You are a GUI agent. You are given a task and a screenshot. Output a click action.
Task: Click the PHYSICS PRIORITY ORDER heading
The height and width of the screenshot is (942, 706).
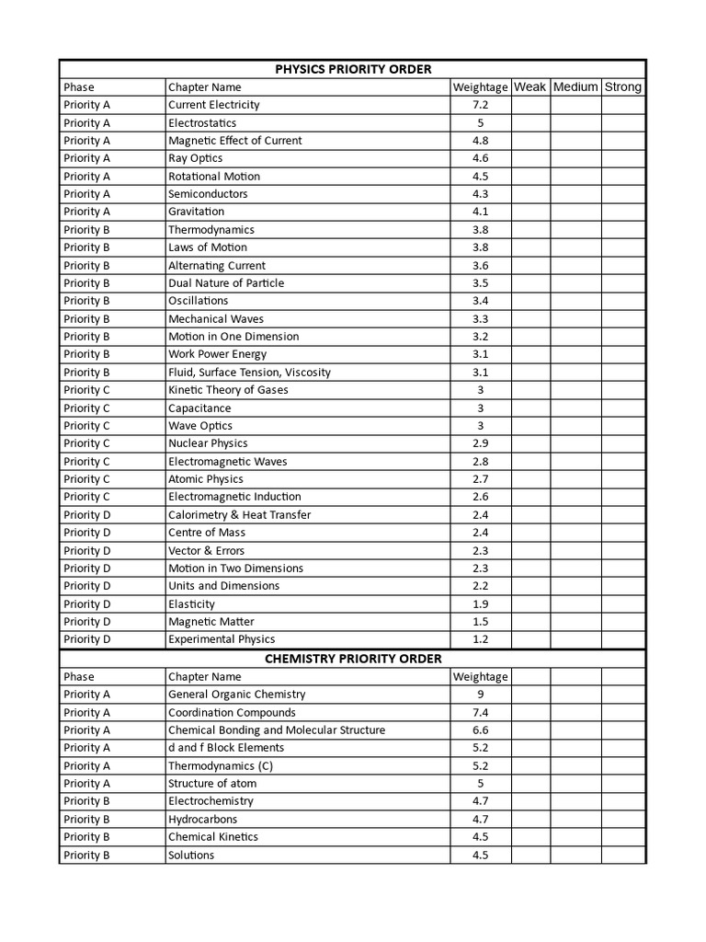coord(353,69)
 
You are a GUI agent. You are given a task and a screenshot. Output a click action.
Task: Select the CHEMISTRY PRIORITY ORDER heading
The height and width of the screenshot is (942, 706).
coord(353,659)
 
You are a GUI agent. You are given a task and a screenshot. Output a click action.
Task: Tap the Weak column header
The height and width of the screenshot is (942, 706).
coord(529,87)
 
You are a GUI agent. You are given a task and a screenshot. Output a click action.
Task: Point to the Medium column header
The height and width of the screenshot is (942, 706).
coord(575,87)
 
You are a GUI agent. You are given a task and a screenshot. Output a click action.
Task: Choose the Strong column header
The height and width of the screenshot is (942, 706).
coord(623,87)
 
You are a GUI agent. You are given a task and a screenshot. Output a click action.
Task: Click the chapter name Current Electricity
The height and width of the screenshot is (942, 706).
coord(213,105)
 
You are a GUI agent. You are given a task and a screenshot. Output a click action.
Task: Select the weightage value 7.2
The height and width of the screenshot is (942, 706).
coord(480,105)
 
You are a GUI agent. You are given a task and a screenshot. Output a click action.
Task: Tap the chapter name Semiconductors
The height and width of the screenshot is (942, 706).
coord(208,194)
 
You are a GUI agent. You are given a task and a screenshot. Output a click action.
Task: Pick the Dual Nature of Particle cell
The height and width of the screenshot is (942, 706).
coord(226,283)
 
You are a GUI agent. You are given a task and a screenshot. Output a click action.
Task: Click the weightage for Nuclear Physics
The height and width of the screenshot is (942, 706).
coord(480,443)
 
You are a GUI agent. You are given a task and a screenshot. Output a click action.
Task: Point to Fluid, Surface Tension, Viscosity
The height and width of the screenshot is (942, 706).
coord(249,373)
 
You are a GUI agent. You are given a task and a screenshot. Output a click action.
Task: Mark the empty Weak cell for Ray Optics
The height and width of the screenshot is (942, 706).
coord(529,158)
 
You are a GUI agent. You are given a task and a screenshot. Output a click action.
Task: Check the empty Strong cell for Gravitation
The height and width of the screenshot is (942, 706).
coord(623,212)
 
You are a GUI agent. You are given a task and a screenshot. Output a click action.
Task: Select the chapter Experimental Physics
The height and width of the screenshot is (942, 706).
coord(222,639)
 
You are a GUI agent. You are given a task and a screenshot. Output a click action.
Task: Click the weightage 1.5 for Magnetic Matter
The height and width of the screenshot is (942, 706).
coord(480,622)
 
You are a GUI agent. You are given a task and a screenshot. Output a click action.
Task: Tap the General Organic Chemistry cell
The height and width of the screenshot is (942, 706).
coord(236,695)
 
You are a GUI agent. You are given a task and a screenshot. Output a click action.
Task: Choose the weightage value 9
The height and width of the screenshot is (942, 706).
coord(480,695)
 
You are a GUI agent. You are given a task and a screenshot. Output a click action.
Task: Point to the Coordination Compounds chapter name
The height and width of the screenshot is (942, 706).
coord(232,713)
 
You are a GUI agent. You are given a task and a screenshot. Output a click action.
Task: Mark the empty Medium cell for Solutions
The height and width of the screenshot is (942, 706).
coord(575,856)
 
